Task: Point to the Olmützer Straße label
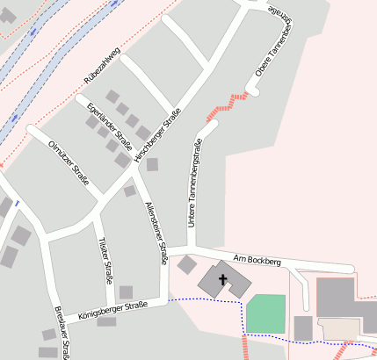[x=69, y=163]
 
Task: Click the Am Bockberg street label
[x=257, y=261]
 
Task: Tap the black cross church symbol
[x=223, y=281]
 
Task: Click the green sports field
[x=265, y=313]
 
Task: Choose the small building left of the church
[x=187, y=263]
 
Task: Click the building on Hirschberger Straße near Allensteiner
[x=152, y=164]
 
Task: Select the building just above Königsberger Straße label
[x=126, y=292]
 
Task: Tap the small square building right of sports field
[x=303, y=328]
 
